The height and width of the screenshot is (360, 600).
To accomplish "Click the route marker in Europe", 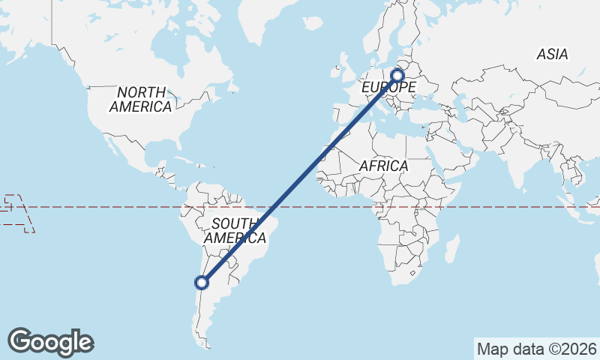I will pyautogui.click(x=397, y=75).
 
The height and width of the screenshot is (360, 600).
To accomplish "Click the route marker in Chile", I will pyautogui.click(x=201, y=282).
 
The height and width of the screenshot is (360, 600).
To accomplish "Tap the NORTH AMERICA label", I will pyautogui.click(x=140, y=100).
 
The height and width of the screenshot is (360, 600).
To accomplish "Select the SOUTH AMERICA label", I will pyautogui.click(x=235, y=231).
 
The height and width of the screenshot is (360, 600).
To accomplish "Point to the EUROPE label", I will pyautogui.click(x=388, y=88).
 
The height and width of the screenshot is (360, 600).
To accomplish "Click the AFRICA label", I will pyautogui.click(x=383, y=166).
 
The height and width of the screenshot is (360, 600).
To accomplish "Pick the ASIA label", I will pyautogui.click(x=552, y=54).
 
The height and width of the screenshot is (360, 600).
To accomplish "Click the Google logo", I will pyautogui.click(x=50, y=342).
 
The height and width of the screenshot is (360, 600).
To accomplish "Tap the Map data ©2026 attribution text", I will pyautogui.click(x=537, y=349).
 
